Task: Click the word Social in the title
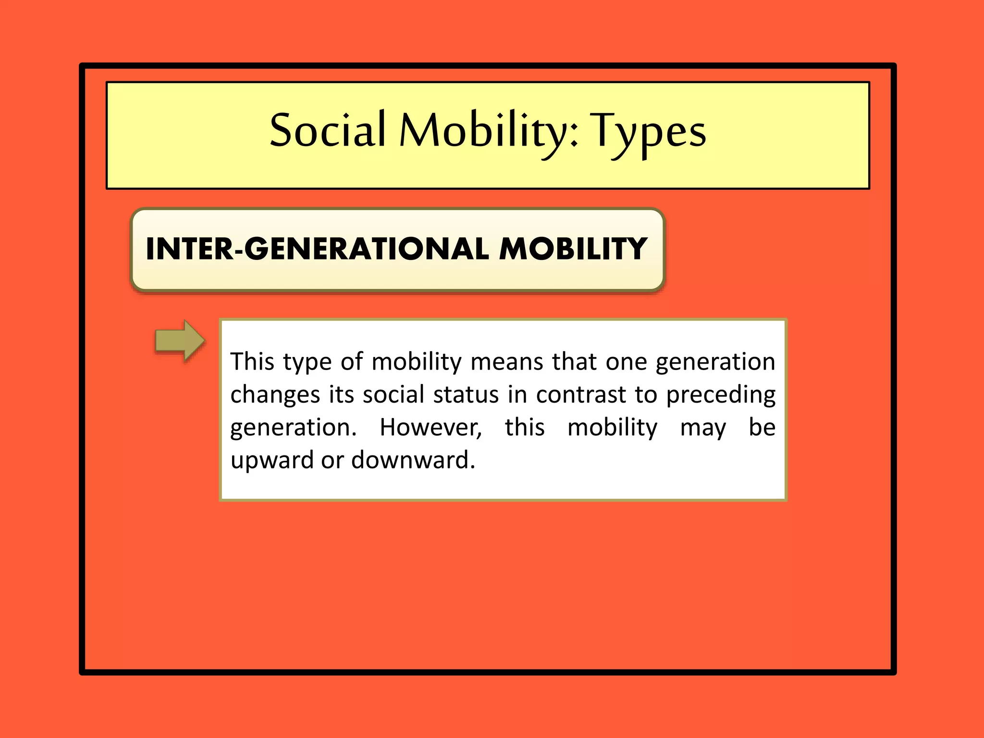pyautogui.click(x=327, y=130)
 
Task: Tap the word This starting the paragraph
pyautogui.click(x=252, y=361)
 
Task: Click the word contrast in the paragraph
pyautogui.click(x=581, y=394)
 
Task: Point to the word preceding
pyautogui.click(x=720, y=395)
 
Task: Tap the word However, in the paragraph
pyautogui.click(x=430, y=427)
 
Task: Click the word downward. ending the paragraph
pyautogui.click(x=413, y=460)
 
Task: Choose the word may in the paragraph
pyautogui.click(x=703, y=428)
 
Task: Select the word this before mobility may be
pyautogui.click(x=525, y=427)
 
